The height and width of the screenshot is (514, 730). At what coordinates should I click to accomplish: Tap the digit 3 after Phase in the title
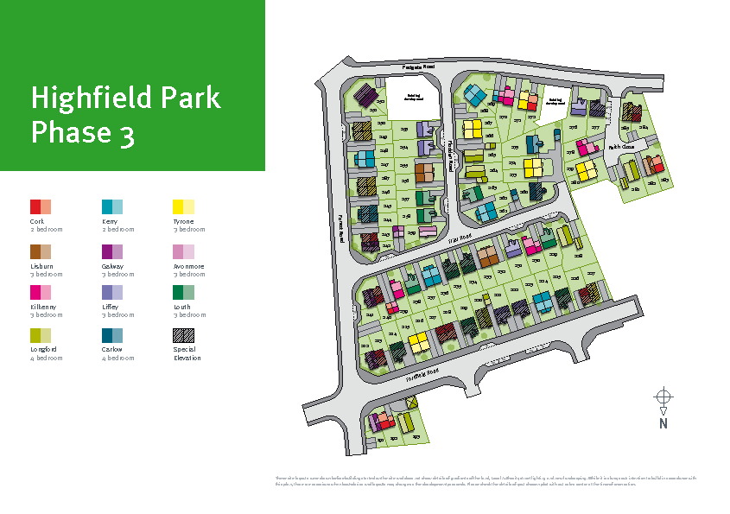point(127,133)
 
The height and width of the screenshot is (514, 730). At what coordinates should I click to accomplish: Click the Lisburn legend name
point(41,266)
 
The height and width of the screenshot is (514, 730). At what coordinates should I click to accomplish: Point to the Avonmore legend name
point(188,266)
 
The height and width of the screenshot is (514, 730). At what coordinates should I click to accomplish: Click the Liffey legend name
point(111,308)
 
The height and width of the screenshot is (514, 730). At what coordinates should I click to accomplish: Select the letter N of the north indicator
point(663,423)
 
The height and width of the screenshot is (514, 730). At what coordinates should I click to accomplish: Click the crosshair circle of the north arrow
point(663,397)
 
